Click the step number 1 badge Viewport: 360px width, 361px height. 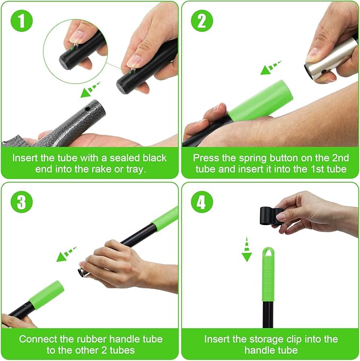21,21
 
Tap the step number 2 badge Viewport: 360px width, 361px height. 202,21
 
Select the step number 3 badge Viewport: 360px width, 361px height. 21,202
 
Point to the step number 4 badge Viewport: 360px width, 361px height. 202,202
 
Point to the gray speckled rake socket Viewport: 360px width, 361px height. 79,122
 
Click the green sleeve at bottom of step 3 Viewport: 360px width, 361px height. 47,295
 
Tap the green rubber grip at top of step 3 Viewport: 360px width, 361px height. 166,217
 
